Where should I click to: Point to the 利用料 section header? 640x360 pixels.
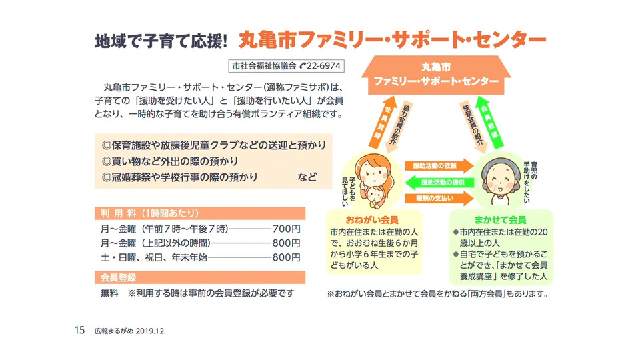150,214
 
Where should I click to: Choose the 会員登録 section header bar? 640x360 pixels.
120,277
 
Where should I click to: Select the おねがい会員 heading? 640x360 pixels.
373,219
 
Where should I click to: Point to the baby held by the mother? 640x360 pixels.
377,195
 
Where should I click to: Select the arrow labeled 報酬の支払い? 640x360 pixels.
435,198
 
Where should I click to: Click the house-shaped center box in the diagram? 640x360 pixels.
436,75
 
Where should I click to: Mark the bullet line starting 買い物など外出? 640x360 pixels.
170,162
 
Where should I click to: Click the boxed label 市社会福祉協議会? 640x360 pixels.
263,67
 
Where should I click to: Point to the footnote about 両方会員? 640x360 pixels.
437,293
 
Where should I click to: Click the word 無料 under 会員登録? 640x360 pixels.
109,293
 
